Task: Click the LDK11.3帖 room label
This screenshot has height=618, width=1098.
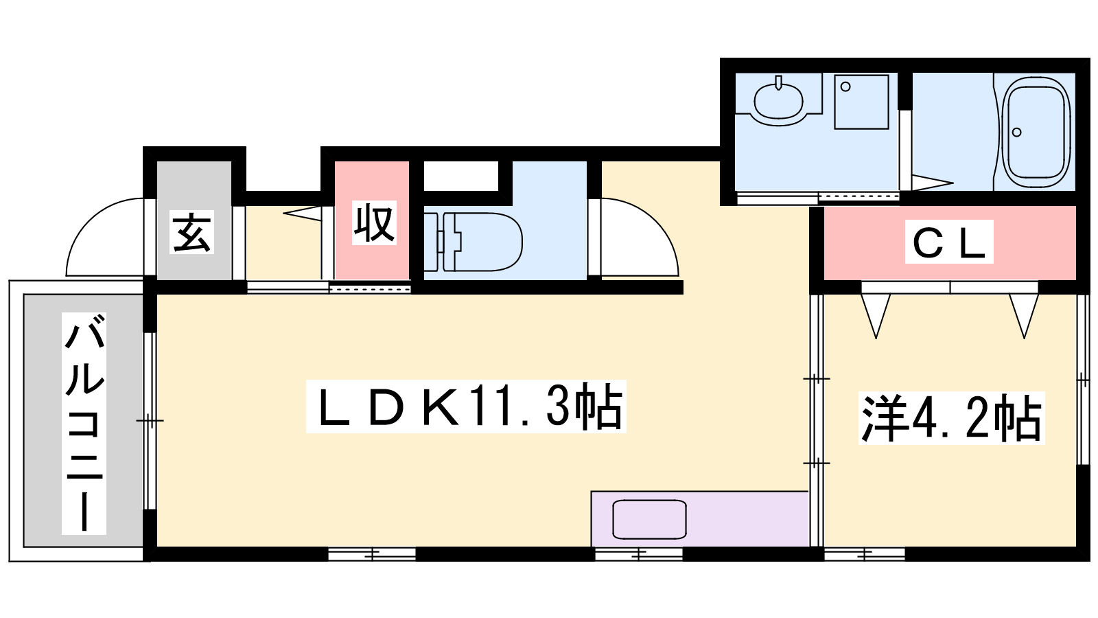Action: [x=466, y=406]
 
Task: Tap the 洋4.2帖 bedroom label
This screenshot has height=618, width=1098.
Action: [x=951, y=418]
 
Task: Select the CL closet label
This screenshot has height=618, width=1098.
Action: [x=949, y=242]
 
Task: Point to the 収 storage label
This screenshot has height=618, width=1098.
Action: [x=374, y=222]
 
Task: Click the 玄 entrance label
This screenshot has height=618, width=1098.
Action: [x=191, y=232]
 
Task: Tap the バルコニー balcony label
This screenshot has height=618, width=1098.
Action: [x=84, y=423]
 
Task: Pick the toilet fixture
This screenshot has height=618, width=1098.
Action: [x=473, y=242]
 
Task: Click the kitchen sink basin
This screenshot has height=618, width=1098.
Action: [x=649, y=519]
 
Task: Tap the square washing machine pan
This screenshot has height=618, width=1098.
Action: [x=861, y=102]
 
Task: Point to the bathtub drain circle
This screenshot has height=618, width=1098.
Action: [x=1016, y=132]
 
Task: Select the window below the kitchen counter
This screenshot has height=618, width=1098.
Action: [x=639, y=554]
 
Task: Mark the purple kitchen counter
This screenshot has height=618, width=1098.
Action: [x=699, y=519]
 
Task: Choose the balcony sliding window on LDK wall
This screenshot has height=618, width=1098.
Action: [x=150, y=421]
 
